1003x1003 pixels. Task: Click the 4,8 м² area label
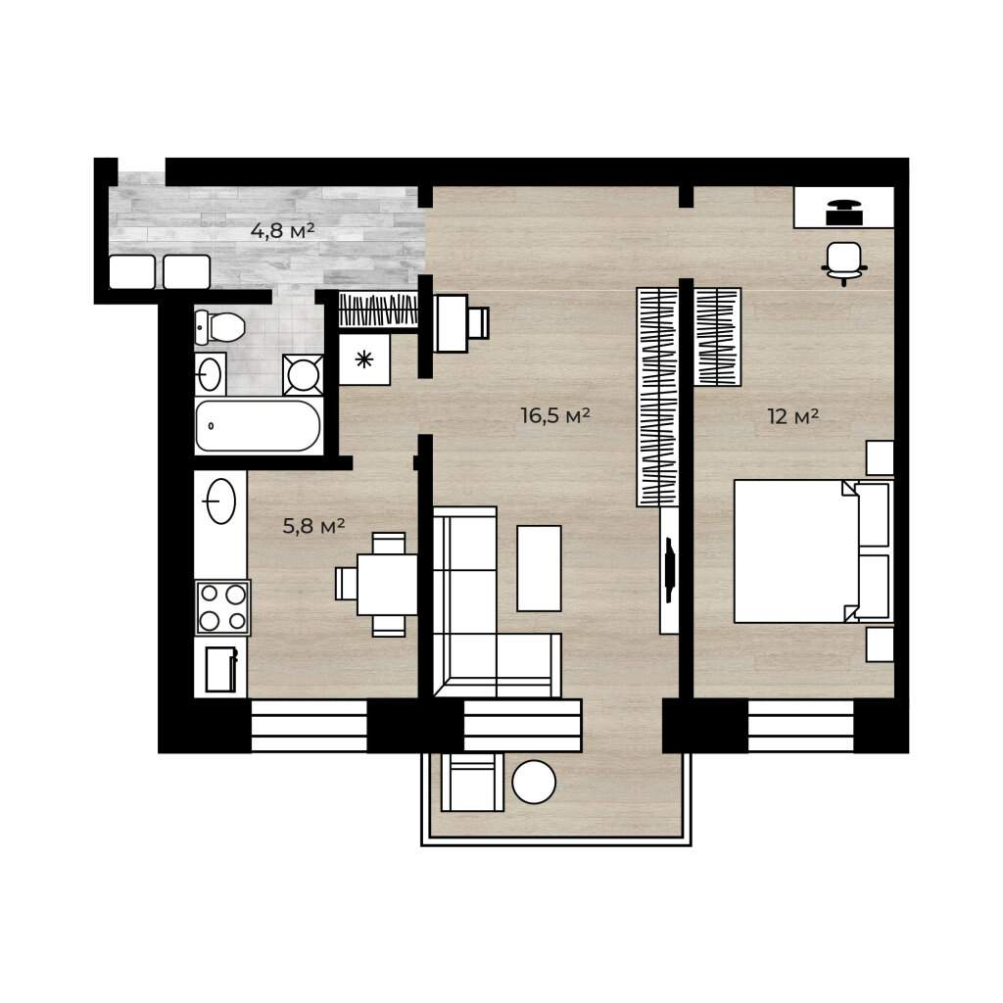(282, 230)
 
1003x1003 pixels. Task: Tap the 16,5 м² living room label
(554, 415)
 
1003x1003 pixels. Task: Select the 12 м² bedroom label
(793, 417)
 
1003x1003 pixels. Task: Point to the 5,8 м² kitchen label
(313, 526)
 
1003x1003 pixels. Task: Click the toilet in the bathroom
(219, 327)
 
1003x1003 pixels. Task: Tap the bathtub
(258, 426)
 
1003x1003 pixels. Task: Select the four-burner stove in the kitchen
(222, 607)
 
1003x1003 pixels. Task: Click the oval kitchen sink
(220, 501)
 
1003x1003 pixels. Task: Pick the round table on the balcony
(534, 781)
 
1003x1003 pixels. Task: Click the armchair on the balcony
(472, 782)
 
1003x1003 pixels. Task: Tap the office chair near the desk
(843, 263)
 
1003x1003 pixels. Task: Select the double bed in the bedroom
(812, 550)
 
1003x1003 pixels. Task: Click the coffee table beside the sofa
(539, 568)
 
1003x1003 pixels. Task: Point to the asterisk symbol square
(364, 359)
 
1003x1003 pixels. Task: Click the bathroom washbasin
(210, 373)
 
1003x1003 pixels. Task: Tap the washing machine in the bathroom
(303, 375)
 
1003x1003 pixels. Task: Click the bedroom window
(800, 726)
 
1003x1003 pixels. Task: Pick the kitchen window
(309, 726)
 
